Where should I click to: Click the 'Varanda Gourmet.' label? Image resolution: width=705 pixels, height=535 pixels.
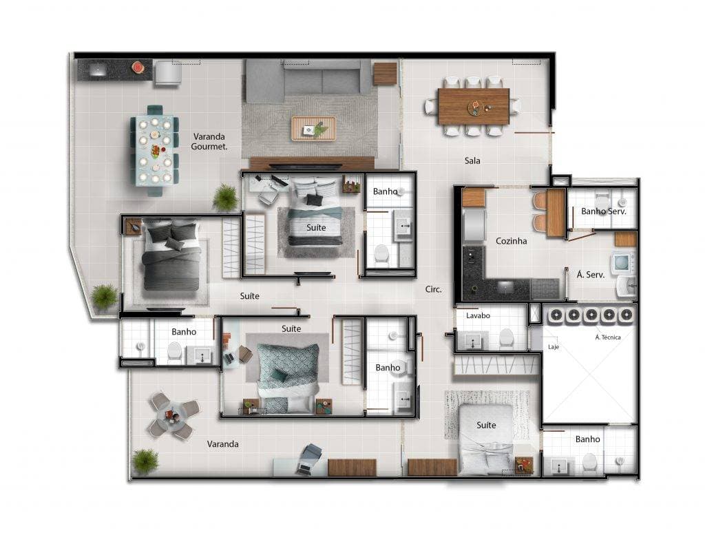click(209, 141)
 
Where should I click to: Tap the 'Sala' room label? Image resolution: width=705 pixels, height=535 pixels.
click(472, 161)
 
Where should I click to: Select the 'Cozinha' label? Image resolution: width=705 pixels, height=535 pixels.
click(512, 241)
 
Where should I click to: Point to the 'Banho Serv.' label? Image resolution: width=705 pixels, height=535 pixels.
click(603, 211)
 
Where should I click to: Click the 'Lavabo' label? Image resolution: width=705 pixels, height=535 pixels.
click(477, 316)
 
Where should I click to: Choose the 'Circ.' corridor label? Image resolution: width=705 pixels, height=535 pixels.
click(433, 289)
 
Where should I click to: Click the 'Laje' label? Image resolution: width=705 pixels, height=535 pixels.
click(553, 347)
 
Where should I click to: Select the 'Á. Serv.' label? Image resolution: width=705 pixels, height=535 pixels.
click(591, 274)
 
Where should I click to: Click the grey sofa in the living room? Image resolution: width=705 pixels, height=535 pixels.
click(303, 80)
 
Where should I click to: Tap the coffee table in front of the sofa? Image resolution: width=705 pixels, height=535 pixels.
click(313, 128)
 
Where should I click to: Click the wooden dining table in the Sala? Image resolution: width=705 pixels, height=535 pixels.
click(474, 106)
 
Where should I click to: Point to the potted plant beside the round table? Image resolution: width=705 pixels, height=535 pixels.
click(145, 461)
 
